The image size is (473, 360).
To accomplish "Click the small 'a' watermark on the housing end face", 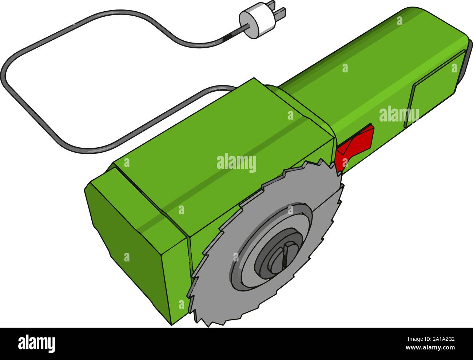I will pos(127,257).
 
